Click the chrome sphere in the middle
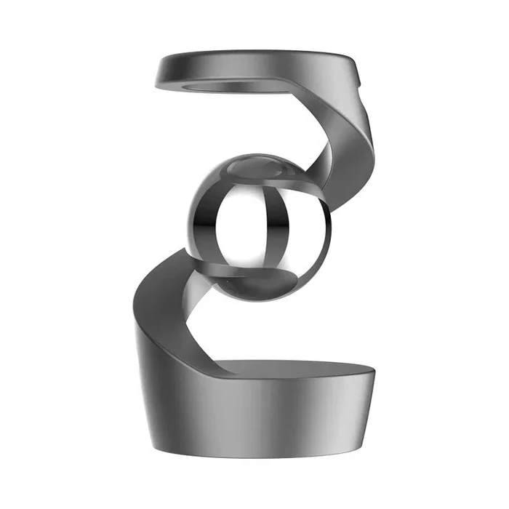(258, 225)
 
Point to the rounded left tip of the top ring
(161, 71)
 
